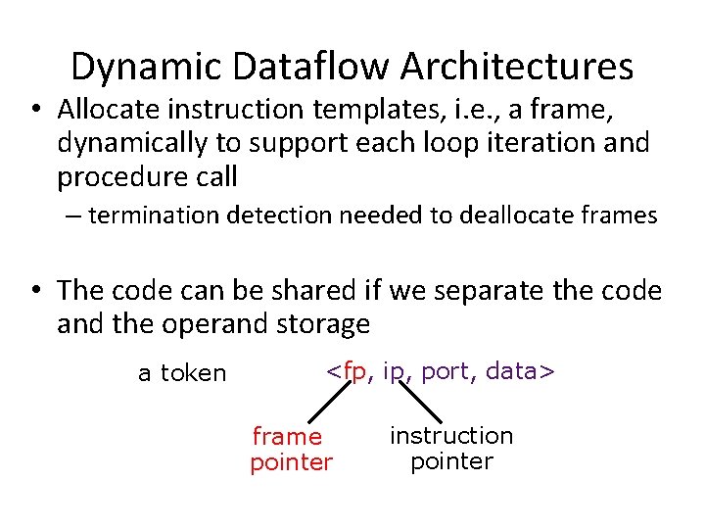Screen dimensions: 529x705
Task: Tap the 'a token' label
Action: tap(182, 373)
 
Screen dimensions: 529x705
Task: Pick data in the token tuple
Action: tap(515, 371)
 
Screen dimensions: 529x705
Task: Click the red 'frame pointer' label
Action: tap(290, 450)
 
